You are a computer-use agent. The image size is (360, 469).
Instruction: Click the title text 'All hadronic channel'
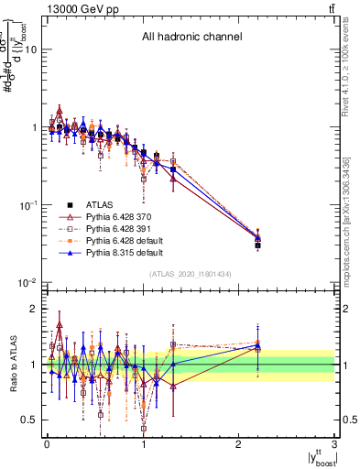point(191,38)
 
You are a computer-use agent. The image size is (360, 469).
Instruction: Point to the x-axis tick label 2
point(239,443)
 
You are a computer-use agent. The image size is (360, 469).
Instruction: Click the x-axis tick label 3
point(334,443)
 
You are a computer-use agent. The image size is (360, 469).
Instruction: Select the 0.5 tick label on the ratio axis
point(28,420)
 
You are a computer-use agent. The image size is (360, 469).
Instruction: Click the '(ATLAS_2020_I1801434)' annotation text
point(191,274)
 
